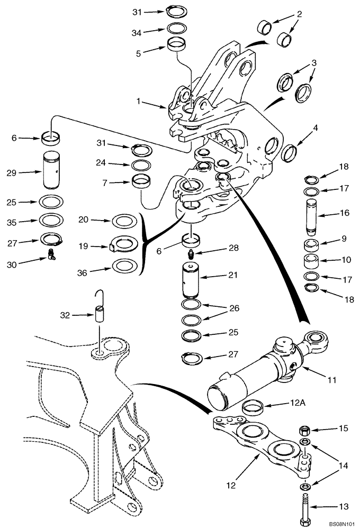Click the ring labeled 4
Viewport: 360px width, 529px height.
[290, 154]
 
